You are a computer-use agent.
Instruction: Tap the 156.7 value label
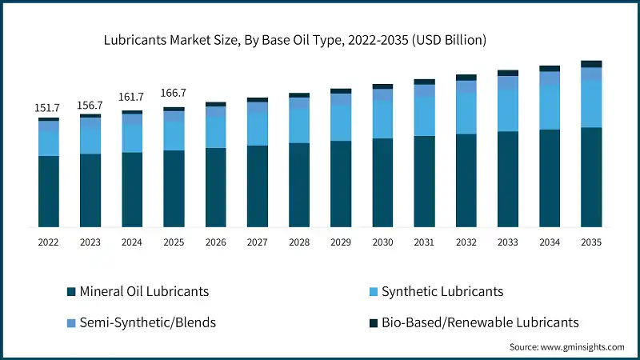(x=90, y=105)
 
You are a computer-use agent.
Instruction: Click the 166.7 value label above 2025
(x=174, y=94)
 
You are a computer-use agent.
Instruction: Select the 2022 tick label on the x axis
(x=48, y=242)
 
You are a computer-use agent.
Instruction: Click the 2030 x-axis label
(x=382, y=242)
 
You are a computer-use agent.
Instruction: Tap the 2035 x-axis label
(x=591, y=242)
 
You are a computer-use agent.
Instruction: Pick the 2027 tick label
(x=257, y=242)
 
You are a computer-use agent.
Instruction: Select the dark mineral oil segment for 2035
(x=591, y=177)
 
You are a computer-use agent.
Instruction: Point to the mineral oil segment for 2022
(x=48, y=191)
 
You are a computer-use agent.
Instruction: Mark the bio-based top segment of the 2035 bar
(x=591, y=64)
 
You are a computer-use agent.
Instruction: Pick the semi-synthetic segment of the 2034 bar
(x=550, y=78)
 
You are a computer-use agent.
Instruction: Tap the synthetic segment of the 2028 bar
(x=299, y=126)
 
